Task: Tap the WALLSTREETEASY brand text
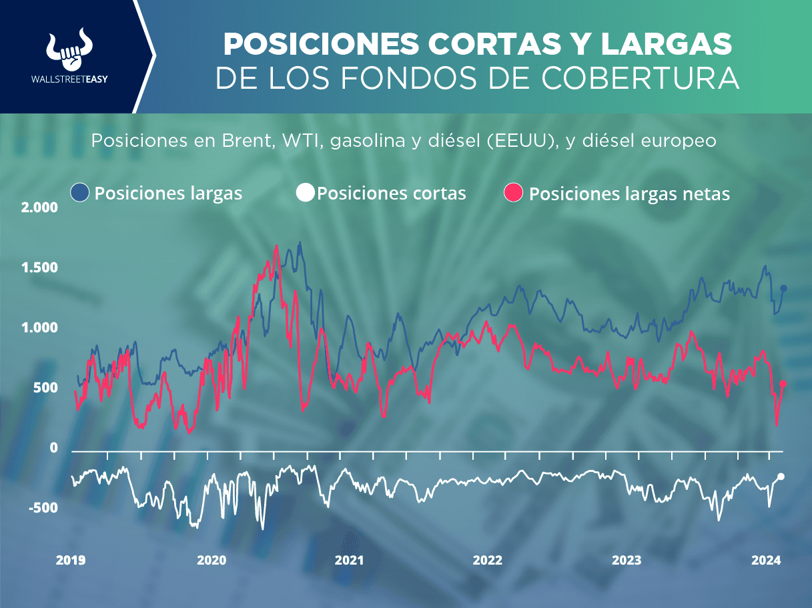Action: coord(70,78)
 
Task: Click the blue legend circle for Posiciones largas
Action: coord(80,193)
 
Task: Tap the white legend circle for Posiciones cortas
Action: coord(304,193)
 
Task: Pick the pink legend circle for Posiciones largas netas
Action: coord(516,193)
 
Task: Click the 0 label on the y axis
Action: coord(54,448)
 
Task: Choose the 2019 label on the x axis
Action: coord(70,561)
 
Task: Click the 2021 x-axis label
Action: coord(350,561)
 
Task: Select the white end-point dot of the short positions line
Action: coord(781,477)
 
